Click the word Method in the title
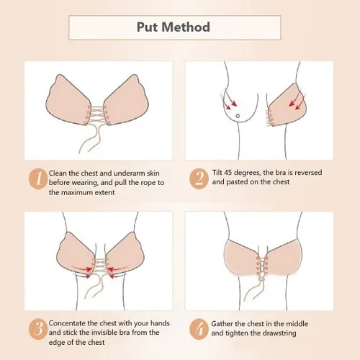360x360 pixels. click(186, 27)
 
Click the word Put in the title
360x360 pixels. click(148, 27)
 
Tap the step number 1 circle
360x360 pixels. click(38, 179)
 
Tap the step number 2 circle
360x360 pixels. click(199, 179)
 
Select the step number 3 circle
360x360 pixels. click(38, 329)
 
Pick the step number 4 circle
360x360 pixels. click(199, 329)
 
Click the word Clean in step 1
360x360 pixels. click(58, 173)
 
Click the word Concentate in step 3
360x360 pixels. click(67, 323)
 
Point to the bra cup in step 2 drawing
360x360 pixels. click(287, 106)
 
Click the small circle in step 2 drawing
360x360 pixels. click(238, 116)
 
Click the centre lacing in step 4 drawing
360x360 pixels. click(262, 266)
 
